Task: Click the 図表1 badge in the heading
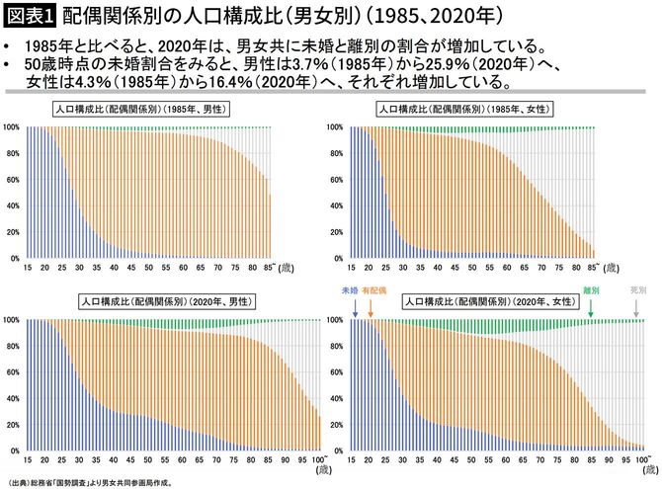tap(31, 17)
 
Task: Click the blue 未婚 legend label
tap(348, 291)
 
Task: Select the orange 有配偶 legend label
tap(373, 291)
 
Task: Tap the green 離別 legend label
tap(592, 291)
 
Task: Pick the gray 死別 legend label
tap(639, 291)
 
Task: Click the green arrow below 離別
tap(591, 308)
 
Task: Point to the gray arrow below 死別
tap(637, 308)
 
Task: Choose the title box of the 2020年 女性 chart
tap(483, 300)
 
